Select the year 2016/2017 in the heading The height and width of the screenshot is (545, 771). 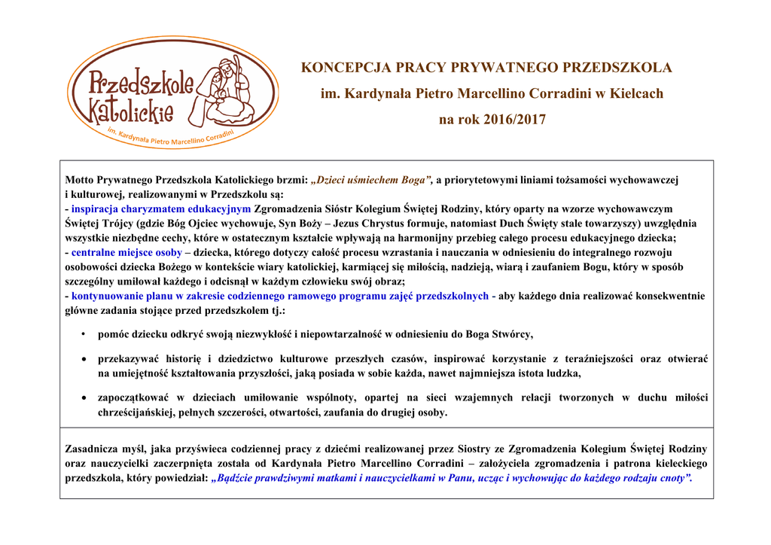(513, 120)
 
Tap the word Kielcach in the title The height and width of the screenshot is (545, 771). (637, 94)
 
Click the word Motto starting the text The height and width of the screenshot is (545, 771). (80, 181)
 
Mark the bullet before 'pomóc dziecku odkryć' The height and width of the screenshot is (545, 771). (84, 333)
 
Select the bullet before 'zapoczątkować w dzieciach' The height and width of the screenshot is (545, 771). (84, 398)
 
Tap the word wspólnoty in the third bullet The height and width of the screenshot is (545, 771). (336, 397)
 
